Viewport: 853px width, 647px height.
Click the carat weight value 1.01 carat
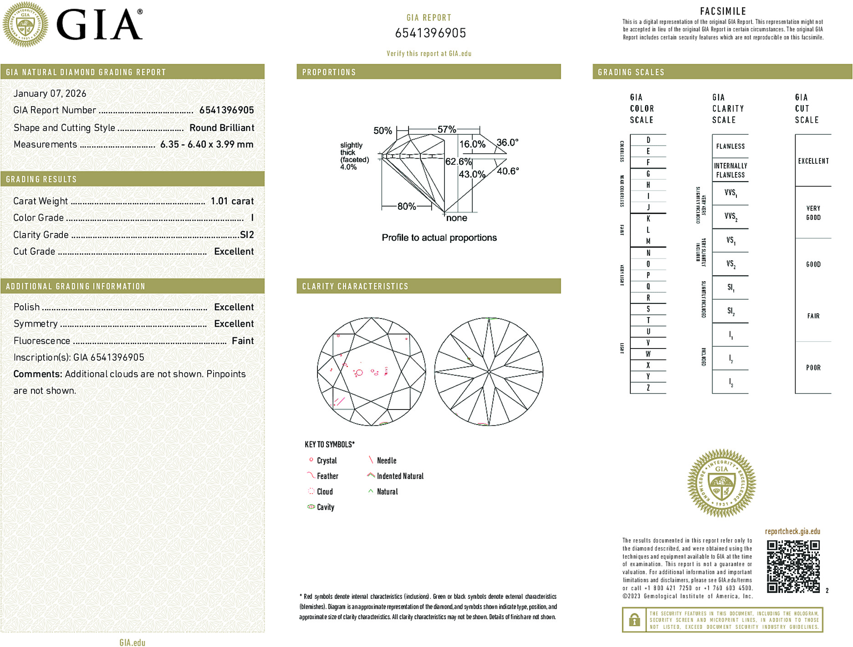pos(232,201)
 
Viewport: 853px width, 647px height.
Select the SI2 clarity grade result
pos(247,235)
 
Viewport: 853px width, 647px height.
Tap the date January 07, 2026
pos(50,93)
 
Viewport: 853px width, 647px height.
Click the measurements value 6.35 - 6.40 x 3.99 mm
pos(207,144)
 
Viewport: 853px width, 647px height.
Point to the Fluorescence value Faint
pos(243,341)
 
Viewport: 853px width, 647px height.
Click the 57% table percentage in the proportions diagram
pos(446,129)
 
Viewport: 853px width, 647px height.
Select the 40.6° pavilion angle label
pos(508,171)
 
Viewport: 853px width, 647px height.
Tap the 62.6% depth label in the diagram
pos(458,162)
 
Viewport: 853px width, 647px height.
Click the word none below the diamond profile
pos(456,218)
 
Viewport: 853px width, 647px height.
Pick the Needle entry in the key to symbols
pos(386,460)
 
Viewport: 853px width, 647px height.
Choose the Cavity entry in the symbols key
pos(325,507)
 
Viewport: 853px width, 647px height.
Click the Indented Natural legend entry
pos(400,476)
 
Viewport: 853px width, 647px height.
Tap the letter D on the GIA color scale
pos(648,140)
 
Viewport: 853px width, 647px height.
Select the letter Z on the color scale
pos(648,388)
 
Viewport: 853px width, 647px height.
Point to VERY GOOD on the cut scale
pos(813,212)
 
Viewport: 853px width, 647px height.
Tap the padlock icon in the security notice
pos(634,620)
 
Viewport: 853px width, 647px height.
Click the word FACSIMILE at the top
pos(723,11)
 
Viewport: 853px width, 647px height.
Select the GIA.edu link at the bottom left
pos(132,642)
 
